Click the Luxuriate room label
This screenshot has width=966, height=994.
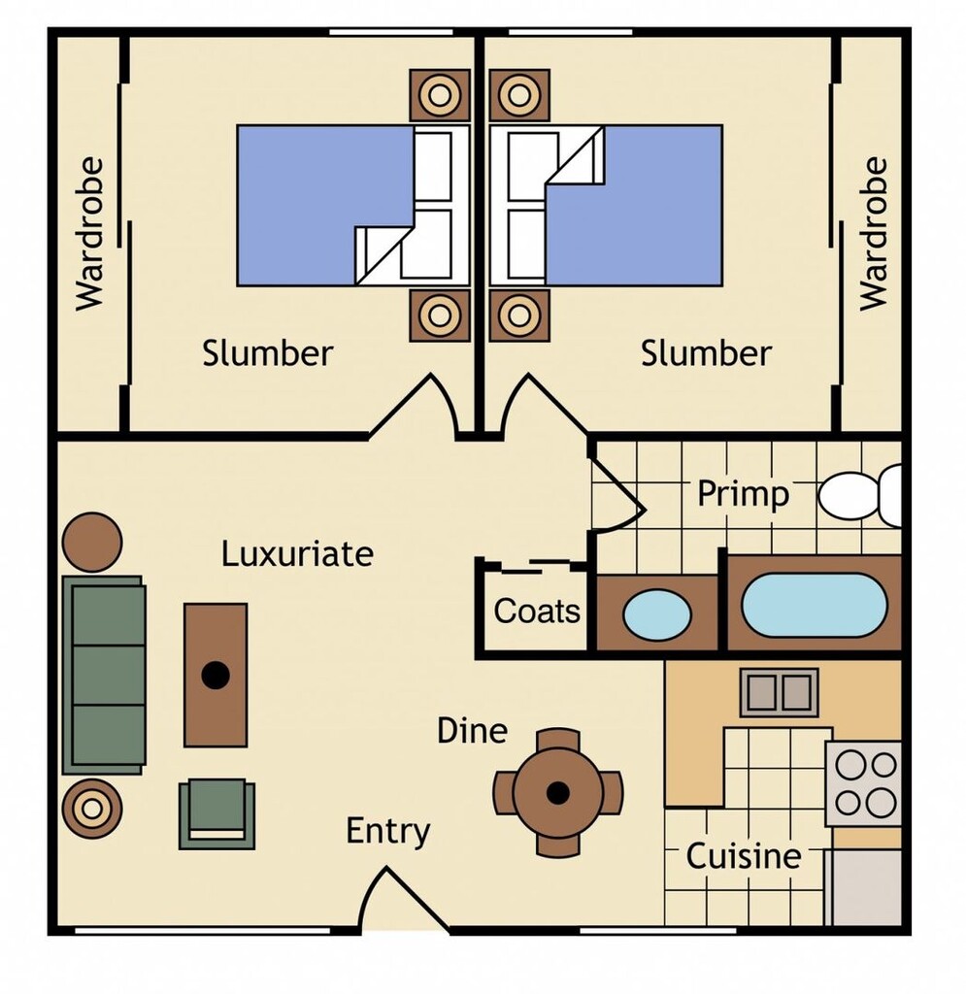[297, 554]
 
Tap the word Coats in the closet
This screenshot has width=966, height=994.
[537, 612]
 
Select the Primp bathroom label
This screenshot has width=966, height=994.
[743, 495]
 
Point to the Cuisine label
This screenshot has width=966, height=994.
[744, 857]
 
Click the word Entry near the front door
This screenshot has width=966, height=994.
[388, 832]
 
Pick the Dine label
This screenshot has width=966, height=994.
[472, 730]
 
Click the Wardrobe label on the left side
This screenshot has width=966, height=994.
[89, 233]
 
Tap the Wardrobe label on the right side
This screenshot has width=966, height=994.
[874, 233]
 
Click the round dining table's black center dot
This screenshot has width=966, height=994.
[557, 793]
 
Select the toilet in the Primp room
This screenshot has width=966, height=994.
[858, 495]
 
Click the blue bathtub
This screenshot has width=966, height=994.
[815, 605]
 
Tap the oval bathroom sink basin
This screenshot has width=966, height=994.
[656, 614]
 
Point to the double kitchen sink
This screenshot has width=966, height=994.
[779, 692]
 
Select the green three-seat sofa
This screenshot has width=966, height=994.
[104, 676]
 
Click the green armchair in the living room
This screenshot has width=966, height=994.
[217, 813]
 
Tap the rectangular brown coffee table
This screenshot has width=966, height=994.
[216, 675]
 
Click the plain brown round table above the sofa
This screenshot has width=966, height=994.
[92, 542]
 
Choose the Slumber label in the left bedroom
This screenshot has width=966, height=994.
[267, 353]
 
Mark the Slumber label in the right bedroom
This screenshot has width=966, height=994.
[706, 353]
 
